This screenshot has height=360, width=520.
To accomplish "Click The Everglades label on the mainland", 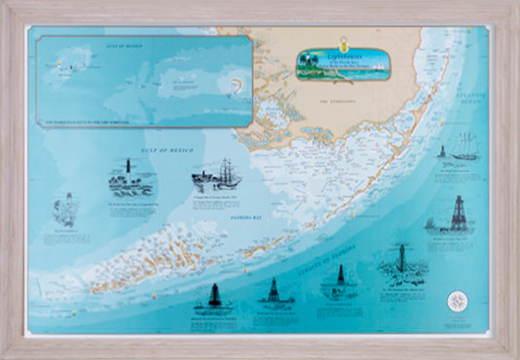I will coord(337,102).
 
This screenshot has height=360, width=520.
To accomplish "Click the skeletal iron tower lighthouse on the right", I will coord(459,213).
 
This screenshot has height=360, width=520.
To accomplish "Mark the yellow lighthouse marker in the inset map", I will coord(59,62).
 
